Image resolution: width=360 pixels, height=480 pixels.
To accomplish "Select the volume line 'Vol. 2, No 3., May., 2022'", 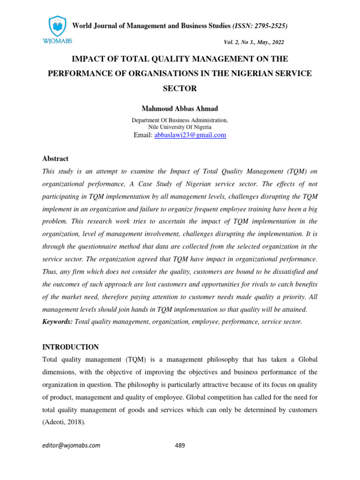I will (x=255, y=42).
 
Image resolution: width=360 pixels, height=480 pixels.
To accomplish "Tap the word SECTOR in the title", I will (x=180, y=88).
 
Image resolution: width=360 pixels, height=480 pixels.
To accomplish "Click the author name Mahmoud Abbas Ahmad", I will (x=180, y=109).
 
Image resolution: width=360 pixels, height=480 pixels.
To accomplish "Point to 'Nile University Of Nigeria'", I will (x=180, y=127).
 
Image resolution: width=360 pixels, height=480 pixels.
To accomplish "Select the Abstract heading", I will (x=55, y=159).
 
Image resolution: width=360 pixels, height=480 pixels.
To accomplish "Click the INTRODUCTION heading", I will (x=71, y=347).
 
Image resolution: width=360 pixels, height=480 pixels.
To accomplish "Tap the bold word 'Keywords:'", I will (x=58, y=321).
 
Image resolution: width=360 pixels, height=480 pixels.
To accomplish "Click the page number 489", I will (x=180, y=445).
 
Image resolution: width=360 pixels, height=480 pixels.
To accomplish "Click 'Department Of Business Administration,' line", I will (x=180, y=120).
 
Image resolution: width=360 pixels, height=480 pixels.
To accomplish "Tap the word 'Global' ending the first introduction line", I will (x=306, y=360).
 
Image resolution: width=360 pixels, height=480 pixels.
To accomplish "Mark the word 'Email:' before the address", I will (x=143, y=135).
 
